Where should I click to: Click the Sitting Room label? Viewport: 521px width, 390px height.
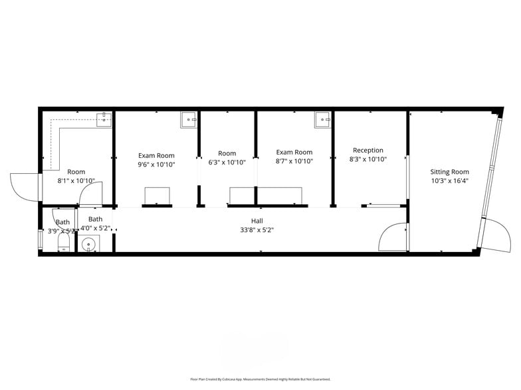click(450, 172)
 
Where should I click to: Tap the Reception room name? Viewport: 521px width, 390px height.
click(368, 151)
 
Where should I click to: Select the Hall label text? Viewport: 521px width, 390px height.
click(257, 221)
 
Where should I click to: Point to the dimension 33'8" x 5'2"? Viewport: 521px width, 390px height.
click(257, 229)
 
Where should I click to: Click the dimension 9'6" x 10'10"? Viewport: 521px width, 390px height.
click(156, 164)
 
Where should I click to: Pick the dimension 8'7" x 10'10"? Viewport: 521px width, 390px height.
click(294, 161)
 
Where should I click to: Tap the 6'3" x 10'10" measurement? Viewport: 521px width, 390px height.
click(227, 162)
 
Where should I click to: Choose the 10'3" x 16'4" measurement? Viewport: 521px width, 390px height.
click(450, 180)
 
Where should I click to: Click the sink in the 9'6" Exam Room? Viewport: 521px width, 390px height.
click(189, 120)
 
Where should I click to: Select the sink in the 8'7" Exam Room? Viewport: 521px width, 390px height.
click(323, 120)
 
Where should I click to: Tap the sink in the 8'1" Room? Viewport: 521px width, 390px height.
click(104, 120)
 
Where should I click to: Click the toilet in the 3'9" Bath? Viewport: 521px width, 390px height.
click(64, 245)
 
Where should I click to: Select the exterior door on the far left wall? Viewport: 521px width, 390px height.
click(25, 186)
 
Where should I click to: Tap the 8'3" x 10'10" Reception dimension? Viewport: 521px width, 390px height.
click(368, 159)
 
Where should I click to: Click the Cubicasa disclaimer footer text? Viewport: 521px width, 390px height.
click(260, 379)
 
